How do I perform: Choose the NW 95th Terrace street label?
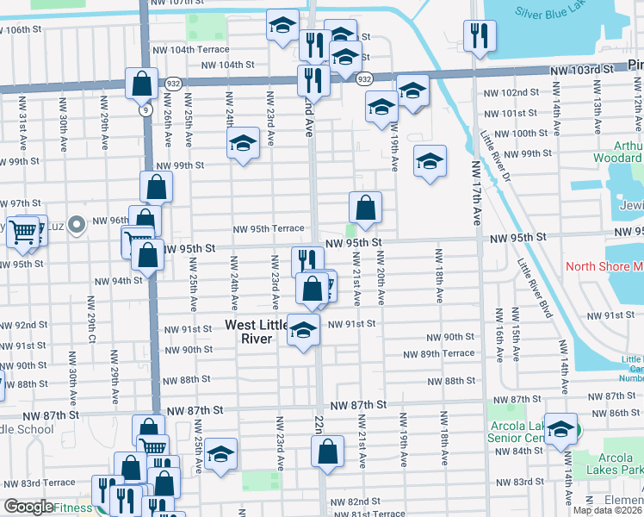(x=269, y=228)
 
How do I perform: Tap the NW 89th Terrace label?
(x=441, y=353)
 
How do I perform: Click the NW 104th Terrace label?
(x=200, y=49)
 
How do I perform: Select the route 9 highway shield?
(x=146, y=110)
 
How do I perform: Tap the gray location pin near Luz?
(x=77, y=226)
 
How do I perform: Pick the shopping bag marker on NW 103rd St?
(x=140, y=84)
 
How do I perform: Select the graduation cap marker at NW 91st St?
(x=302, y=331)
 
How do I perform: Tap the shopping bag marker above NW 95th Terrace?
(x=365, y=208)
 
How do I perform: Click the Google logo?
(x=28, y=508)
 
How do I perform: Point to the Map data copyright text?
(x=606, y=510)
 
